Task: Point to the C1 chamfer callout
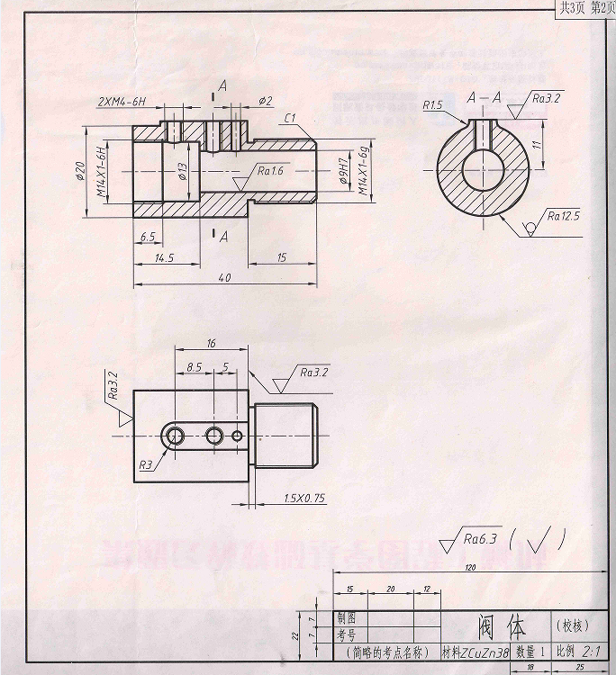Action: tap(291, 118)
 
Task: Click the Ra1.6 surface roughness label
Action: tap(270, 170)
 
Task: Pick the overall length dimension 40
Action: tap(224, 278)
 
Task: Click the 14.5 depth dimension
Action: tap(165, 257)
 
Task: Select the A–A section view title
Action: tap(485, 98)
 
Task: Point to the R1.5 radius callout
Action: tap(433, 106)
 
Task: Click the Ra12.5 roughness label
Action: tap(564, 216)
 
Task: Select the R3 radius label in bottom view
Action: tap(146, 464)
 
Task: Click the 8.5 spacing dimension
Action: tap(194, 366)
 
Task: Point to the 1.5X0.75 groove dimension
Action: tap(303, 498)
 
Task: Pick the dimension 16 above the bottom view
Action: tap(211, 344)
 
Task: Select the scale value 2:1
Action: tap(592, 651)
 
